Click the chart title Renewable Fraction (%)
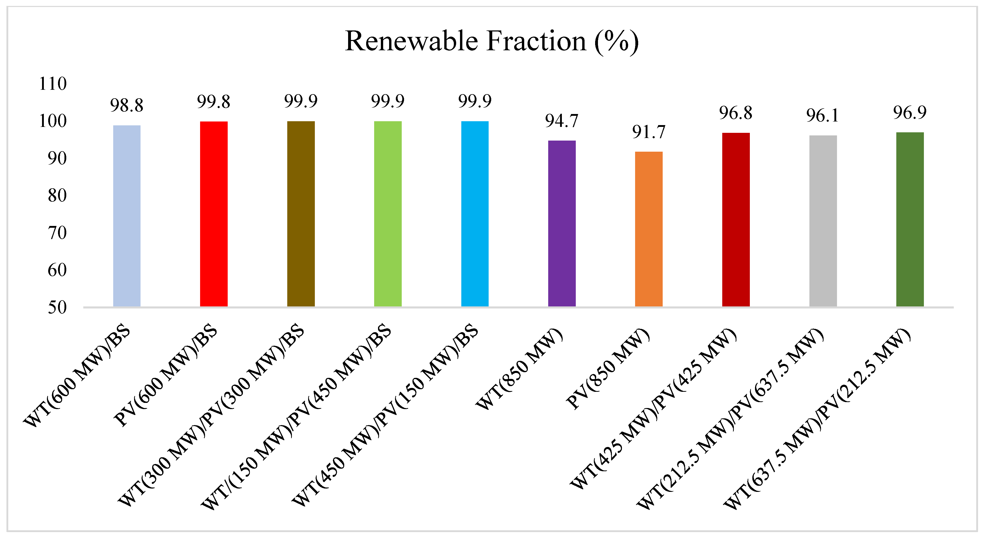click(x=492, y=41)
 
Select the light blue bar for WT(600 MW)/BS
click(x=127, y=216)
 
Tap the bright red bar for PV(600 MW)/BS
click(x=214, y=214)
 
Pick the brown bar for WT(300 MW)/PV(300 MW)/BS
click(x=301, y=214)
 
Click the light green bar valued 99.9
click(x=388, y=214)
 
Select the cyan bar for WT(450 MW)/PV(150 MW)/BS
click(x=475, y=214)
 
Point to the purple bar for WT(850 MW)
click(x=562, y=224)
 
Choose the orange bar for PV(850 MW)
click(x=649, y=230)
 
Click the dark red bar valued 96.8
click(x=736, y=220)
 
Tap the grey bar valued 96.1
click(x=823, y=221)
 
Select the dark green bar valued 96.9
click(x=910, y=219)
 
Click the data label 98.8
click(x=127, y=105)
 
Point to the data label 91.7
click(x=649, y=132)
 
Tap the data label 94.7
click(x=562, y=121)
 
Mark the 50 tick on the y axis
click(x=57, y=307)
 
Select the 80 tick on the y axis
click(x=57, y=196)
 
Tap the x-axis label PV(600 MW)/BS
click(x=166, y=375)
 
